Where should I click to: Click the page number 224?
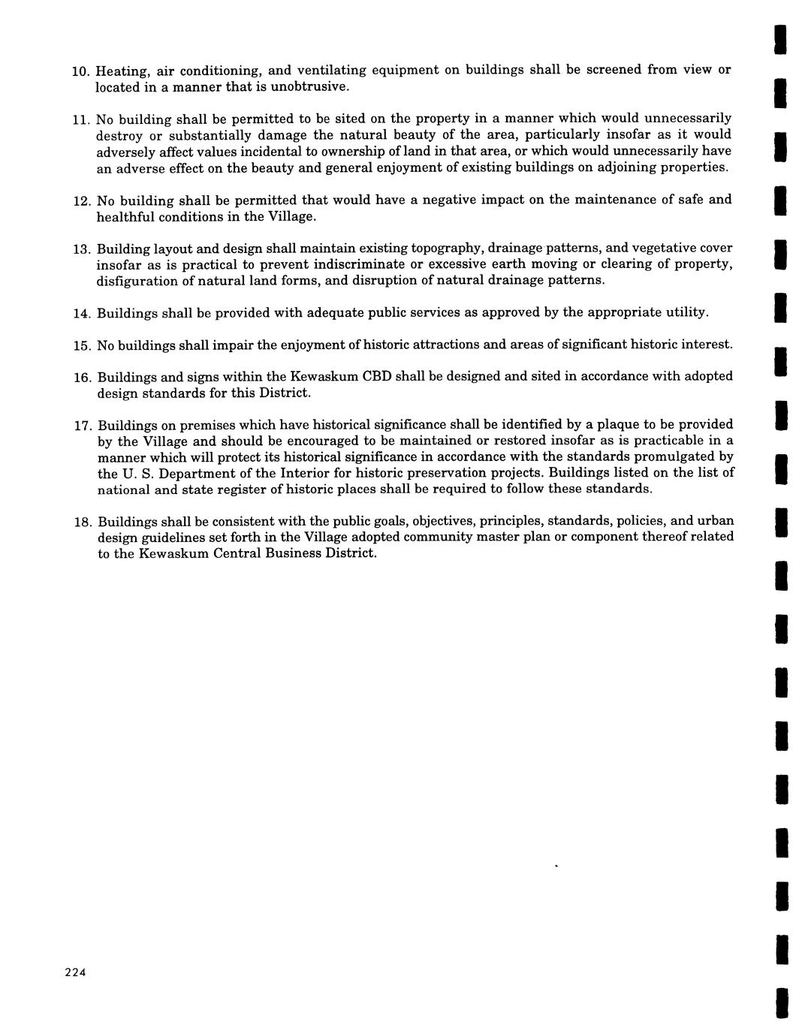click(76, 972)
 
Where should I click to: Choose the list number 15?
click(81, 345)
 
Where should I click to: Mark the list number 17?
click(81, 426)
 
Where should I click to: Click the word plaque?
click(617, 425)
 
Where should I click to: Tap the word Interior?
click(305, 473)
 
